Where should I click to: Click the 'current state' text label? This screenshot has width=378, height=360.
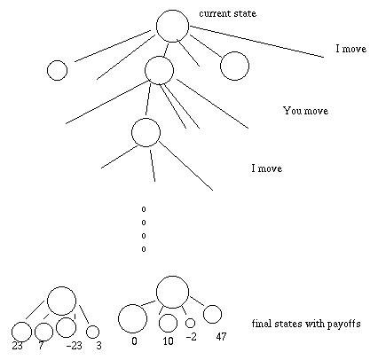pos(228,13)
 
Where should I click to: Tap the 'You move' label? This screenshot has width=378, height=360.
pos(306,111)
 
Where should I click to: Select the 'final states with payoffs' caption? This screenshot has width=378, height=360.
pos(306,324)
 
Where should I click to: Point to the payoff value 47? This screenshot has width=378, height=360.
pos(221,336)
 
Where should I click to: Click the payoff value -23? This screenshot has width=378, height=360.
pos(74,345)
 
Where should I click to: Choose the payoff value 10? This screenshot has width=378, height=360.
pos(168,341)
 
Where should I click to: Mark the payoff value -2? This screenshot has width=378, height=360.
pos(192,337)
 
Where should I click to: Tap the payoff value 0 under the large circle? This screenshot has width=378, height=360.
pos(134,341)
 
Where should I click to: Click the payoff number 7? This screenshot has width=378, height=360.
pos(41,345)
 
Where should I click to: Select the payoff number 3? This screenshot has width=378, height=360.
pos(98,345)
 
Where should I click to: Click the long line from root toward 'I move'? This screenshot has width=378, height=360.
pos(256,42)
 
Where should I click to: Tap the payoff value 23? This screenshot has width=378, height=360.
pos(17,345)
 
